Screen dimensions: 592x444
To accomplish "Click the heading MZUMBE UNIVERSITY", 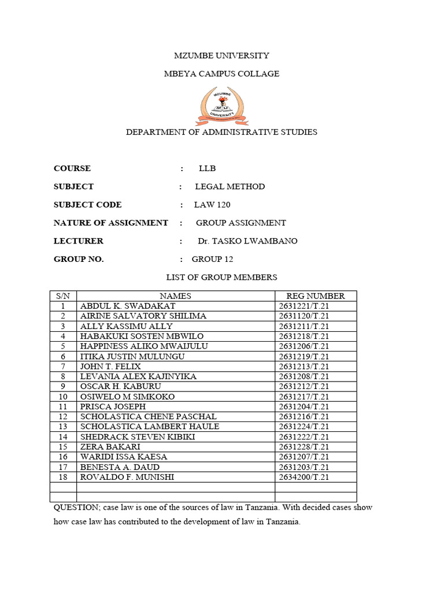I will (221, 55).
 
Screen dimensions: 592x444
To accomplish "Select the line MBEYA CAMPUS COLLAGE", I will (221, 73).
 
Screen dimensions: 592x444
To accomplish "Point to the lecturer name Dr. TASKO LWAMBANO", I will (247, 241).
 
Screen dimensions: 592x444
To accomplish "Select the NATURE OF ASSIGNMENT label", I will (110, 223).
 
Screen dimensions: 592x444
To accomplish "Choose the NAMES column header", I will (175, 296).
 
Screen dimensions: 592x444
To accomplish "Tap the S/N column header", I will (63, 296).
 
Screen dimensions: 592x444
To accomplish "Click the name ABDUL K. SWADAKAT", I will (128, 306).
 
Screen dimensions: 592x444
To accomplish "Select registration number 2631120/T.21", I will (304, 316).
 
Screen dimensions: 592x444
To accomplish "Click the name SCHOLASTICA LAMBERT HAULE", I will (150, 427).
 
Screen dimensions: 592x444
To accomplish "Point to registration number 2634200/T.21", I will (304, 477).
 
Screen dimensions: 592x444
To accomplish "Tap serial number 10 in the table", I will (63, 397).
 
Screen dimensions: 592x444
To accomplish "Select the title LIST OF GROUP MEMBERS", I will (221, 277).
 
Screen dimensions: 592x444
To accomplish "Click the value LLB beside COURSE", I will (207, 168).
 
